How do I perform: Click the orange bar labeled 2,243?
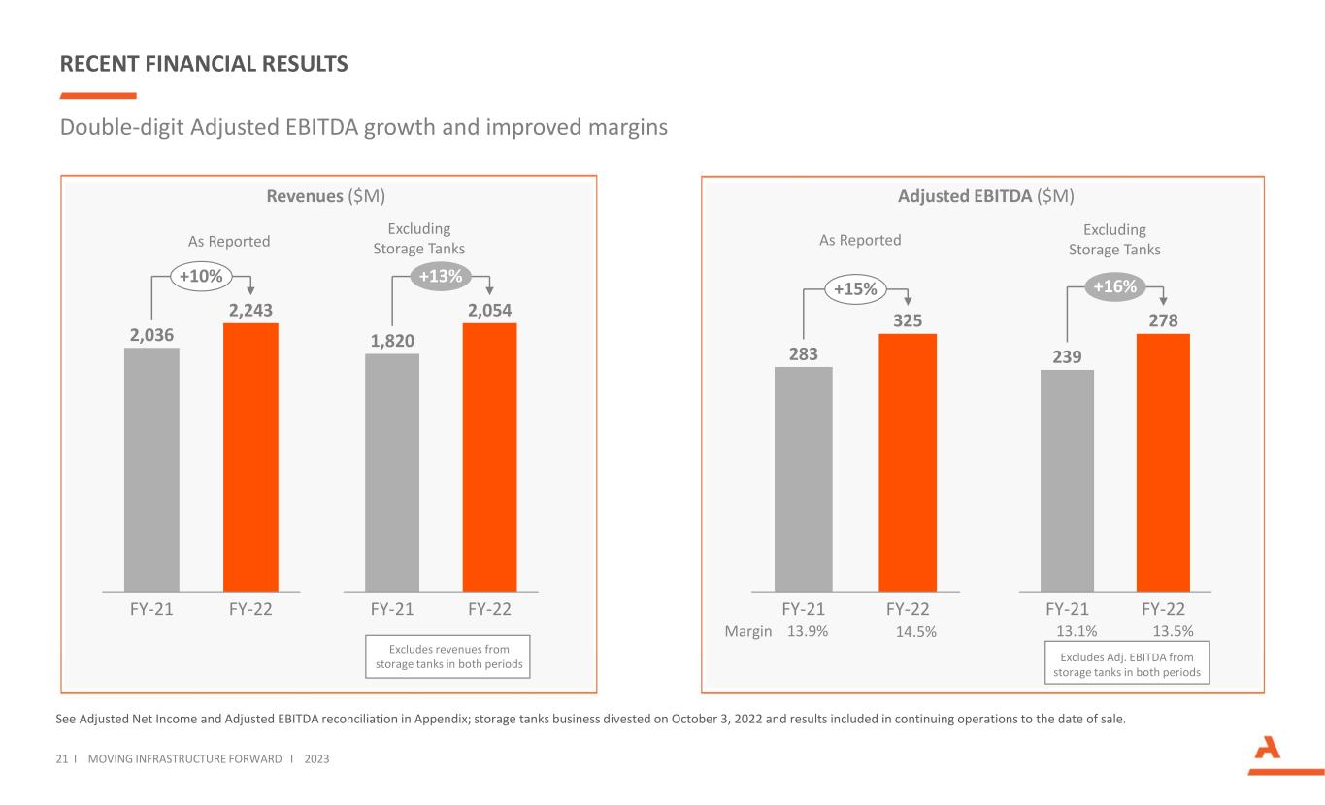(x=250, y=456)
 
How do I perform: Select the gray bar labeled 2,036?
(x=151, y=469)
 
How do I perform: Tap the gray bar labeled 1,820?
(x=392, y=472)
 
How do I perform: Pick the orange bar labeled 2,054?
(x=489, y=456)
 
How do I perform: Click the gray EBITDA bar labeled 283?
(x=803, y=479)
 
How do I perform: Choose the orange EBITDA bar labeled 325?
(x=908, y=462)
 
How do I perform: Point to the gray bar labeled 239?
(x=1067, y=481)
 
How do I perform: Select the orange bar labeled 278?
(x=1163, y=462)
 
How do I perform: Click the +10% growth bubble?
(x=202, y=277)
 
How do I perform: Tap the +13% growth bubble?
(x=441, y=277)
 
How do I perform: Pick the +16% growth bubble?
(x=1114, y=286)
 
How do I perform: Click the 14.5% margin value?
(x=914, y=632)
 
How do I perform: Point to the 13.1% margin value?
(x=1077, y=632)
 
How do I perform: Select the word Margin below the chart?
(x=748, y=632)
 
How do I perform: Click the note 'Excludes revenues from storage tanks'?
(x=448, y=656)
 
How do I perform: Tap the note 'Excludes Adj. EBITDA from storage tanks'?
(x=1127, y=665)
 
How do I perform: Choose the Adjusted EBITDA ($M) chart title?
(x=985, y=196)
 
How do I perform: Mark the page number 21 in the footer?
(x=66, y=758)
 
